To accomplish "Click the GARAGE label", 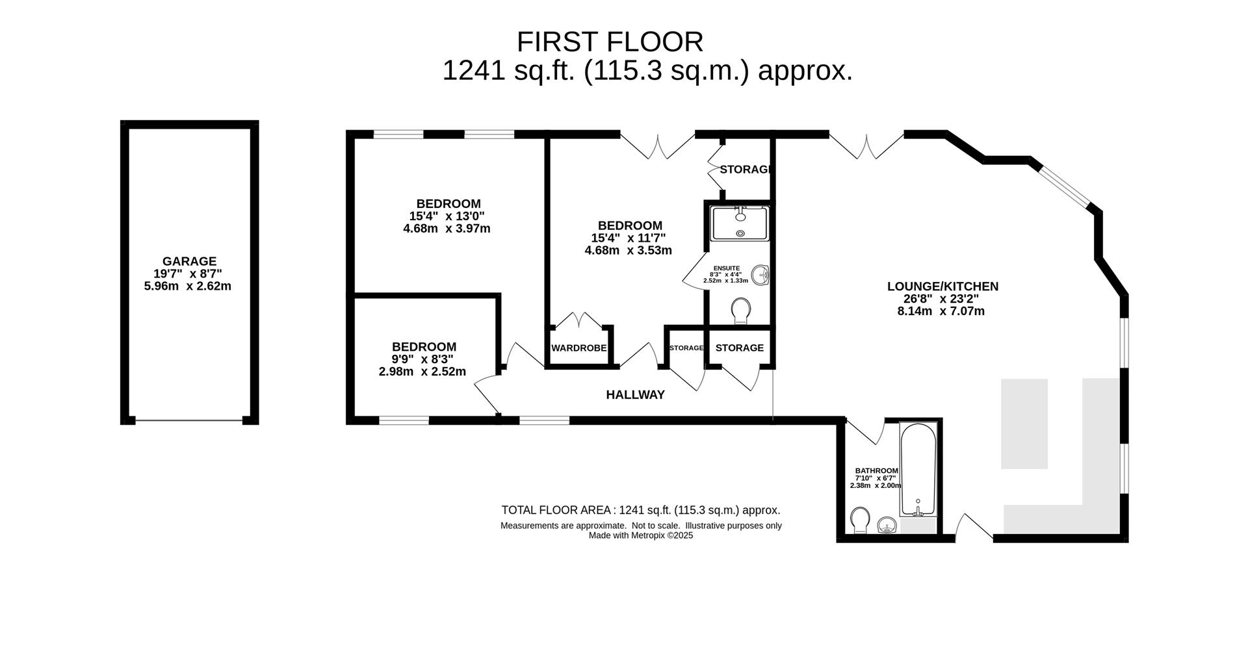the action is (x=189, y=262).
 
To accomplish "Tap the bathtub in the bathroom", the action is (x=918, y=470).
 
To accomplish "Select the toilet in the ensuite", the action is (x=740, y=311).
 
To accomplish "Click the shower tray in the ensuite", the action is (x=740, y=223).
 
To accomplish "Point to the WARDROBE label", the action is (x=579, y=348).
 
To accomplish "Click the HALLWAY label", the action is (x=635, y=394).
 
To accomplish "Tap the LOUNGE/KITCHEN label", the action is (x=942, y=286).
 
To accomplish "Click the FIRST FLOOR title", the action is (x=610, y=42).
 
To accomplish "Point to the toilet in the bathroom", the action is (x=860, y=520).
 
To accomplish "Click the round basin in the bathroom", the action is (x=887, y=525).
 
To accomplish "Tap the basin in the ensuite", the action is (x=760, y=275).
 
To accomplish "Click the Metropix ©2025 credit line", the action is (x=641, y=536).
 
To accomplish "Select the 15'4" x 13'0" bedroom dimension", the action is (x=447, y=216).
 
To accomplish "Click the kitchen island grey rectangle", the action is (x=1024, y=424).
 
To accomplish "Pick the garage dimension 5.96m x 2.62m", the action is (x=187, y=286).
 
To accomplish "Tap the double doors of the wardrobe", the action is (x=578, y=320).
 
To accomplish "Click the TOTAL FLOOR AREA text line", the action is (x=641, y=510).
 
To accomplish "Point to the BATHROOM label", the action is (x=876, y=471).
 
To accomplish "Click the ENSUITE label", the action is (x=726, y=268).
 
